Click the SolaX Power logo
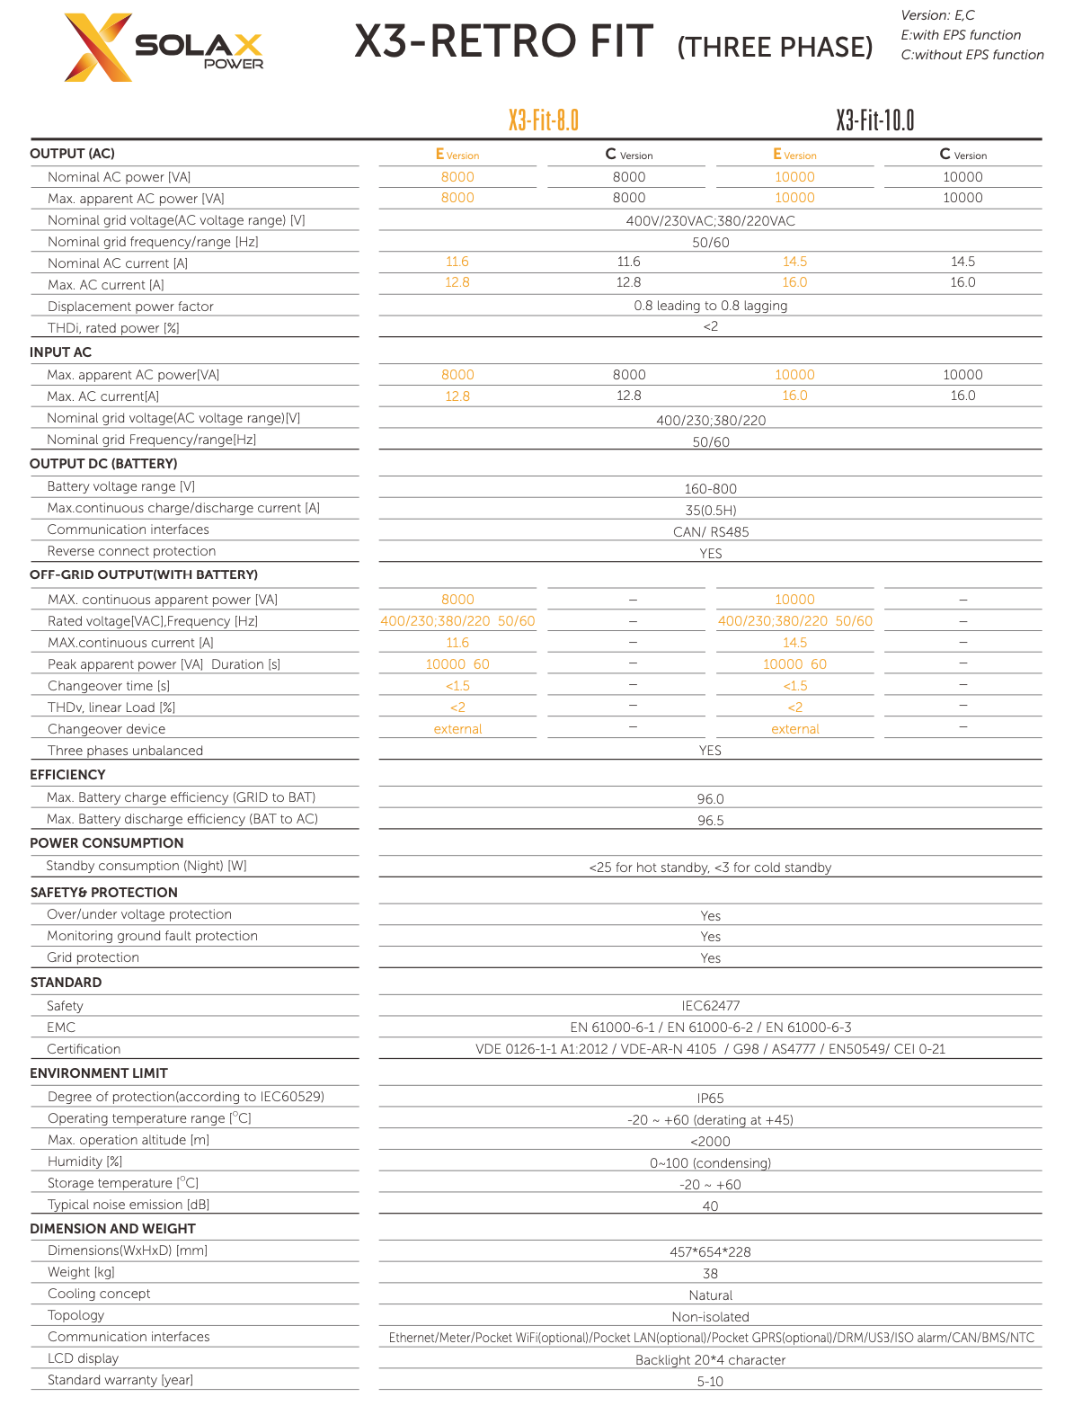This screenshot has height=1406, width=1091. (x=164, y=48)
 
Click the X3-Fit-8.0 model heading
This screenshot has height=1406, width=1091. (x=543, y=120)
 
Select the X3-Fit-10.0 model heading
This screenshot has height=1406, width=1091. (x=874, y=120)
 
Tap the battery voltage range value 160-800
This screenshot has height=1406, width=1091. (x=710, y=489)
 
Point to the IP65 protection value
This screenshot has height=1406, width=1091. (x=710, y=1099)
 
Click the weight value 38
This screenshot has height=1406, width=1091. (x=710, y=1274)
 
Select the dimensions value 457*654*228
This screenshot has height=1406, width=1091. (x=710, y=1252)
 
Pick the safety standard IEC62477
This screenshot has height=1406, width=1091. (x=710, y=1006)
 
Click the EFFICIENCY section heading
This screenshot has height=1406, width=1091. (x=67, y=775)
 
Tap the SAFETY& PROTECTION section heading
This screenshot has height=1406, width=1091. (x=103, y=893)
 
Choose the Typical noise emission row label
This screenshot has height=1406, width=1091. (x=129, y=1205)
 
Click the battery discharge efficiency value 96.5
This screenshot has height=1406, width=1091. (x=710, y=821)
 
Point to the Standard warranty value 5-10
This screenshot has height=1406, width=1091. (x=710, y=1382)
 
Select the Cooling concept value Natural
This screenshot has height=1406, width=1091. (x=710, y=1295)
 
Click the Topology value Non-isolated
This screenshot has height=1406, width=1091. (x=710, y=1317)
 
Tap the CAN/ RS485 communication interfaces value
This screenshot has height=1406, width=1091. (x=710, y=532)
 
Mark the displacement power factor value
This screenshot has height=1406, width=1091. (x=710, y=306)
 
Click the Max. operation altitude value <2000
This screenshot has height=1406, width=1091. (x=710, y=1142)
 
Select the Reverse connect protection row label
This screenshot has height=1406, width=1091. (x=131, y=551)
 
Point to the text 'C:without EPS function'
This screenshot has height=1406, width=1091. (x=972, y=55)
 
